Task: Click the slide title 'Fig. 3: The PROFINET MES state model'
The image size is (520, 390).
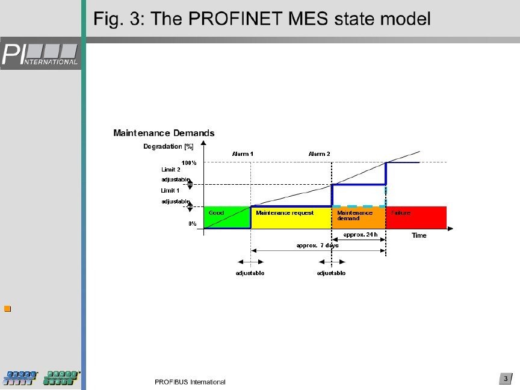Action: click(262, 19)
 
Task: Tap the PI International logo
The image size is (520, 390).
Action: click(41, 54)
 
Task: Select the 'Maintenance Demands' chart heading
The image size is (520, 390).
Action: click(164, 133)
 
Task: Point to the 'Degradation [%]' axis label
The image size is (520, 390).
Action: click(168, 146)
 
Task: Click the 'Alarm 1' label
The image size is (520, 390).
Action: click(243, 154)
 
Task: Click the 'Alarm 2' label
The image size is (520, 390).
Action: click(319, 154)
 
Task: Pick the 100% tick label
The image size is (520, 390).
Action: click(189, 162)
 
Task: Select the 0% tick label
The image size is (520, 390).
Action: click(192, 223)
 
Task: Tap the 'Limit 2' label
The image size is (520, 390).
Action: click(171, 170)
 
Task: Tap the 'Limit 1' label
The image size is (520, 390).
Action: click(171, 191)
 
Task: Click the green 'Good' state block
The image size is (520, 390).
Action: click(227, 218)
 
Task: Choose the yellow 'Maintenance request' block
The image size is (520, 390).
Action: click(291, 218)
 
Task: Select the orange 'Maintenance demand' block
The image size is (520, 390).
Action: click(358, 218)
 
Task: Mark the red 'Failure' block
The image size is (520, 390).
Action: click(416, 218)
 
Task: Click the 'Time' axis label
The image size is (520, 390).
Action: click(419, 235)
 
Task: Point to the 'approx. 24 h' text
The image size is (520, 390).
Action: click(360, 234)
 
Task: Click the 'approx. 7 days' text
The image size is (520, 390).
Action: click(317, 246)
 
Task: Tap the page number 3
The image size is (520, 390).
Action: click(506, 379)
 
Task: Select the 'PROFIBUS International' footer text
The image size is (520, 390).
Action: click(190, 382)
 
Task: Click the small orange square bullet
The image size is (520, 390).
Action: click(8, 309)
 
